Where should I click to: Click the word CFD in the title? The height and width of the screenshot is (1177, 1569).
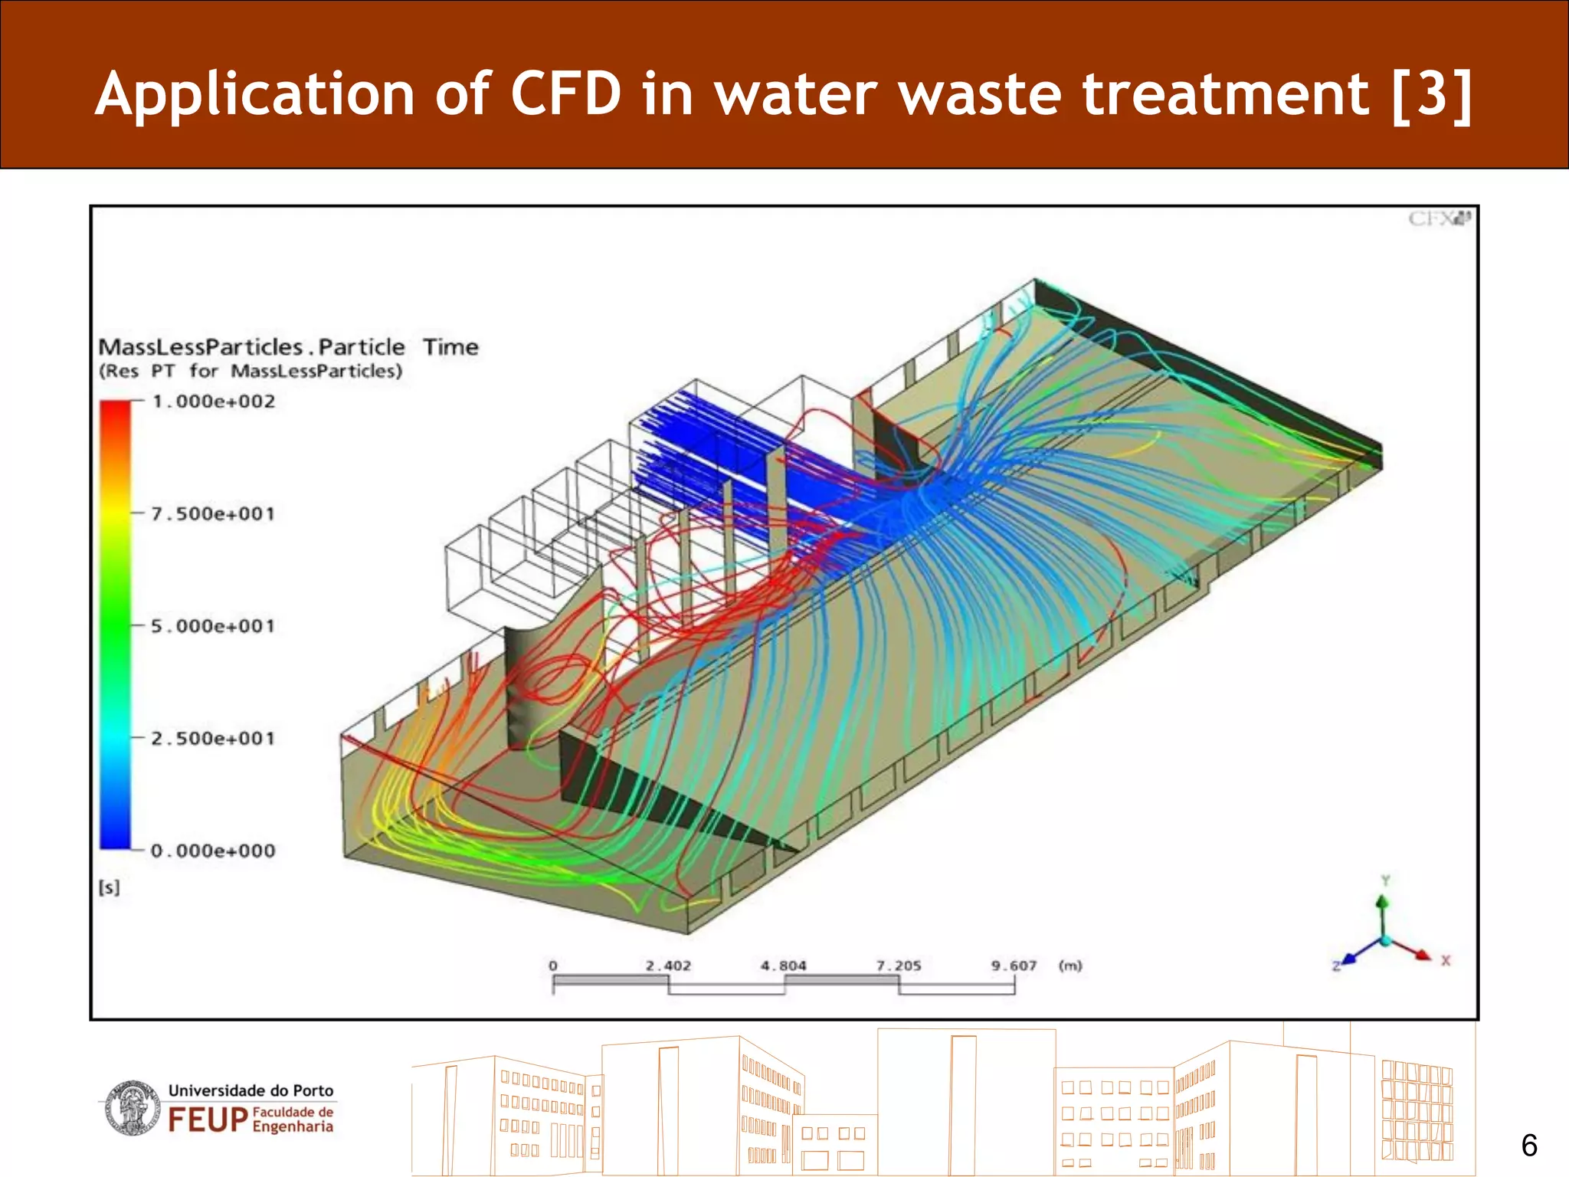coord(565,94)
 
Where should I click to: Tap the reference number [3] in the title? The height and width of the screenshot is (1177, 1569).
coord(1431,95)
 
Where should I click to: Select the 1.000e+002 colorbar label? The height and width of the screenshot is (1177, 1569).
coord(213,402)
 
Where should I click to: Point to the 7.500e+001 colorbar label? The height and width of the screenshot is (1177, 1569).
coord(212,513)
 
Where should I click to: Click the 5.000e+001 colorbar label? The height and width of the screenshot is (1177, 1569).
coord(212,626)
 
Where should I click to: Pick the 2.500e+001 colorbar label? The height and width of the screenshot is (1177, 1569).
coord(212,739)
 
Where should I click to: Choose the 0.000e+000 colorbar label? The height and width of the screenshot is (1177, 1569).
coord(212,851)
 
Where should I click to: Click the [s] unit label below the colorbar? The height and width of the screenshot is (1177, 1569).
coord(110,887)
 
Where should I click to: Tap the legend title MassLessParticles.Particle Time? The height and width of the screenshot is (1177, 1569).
coord(288,347)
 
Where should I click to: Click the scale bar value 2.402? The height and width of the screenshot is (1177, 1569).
coord(668,966)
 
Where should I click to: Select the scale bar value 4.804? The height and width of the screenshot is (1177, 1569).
coord(784,966)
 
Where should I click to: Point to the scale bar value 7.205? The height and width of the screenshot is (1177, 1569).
coord(899,966)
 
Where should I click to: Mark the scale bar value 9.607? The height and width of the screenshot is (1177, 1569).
coord(1014,966)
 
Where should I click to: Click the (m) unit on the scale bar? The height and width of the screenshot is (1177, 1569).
coord(1070,966)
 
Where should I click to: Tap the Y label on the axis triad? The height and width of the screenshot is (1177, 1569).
coord(1385,880)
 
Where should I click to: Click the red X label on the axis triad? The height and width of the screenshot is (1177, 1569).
coord(1446,960)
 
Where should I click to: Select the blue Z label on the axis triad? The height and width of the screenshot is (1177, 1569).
coord(1336,966)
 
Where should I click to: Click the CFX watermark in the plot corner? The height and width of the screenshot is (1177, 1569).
coord(1439,219)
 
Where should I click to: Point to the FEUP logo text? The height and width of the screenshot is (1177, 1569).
coord(208,1120)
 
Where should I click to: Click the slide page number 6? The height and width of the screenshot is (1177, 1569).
coord(1529,1146)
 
